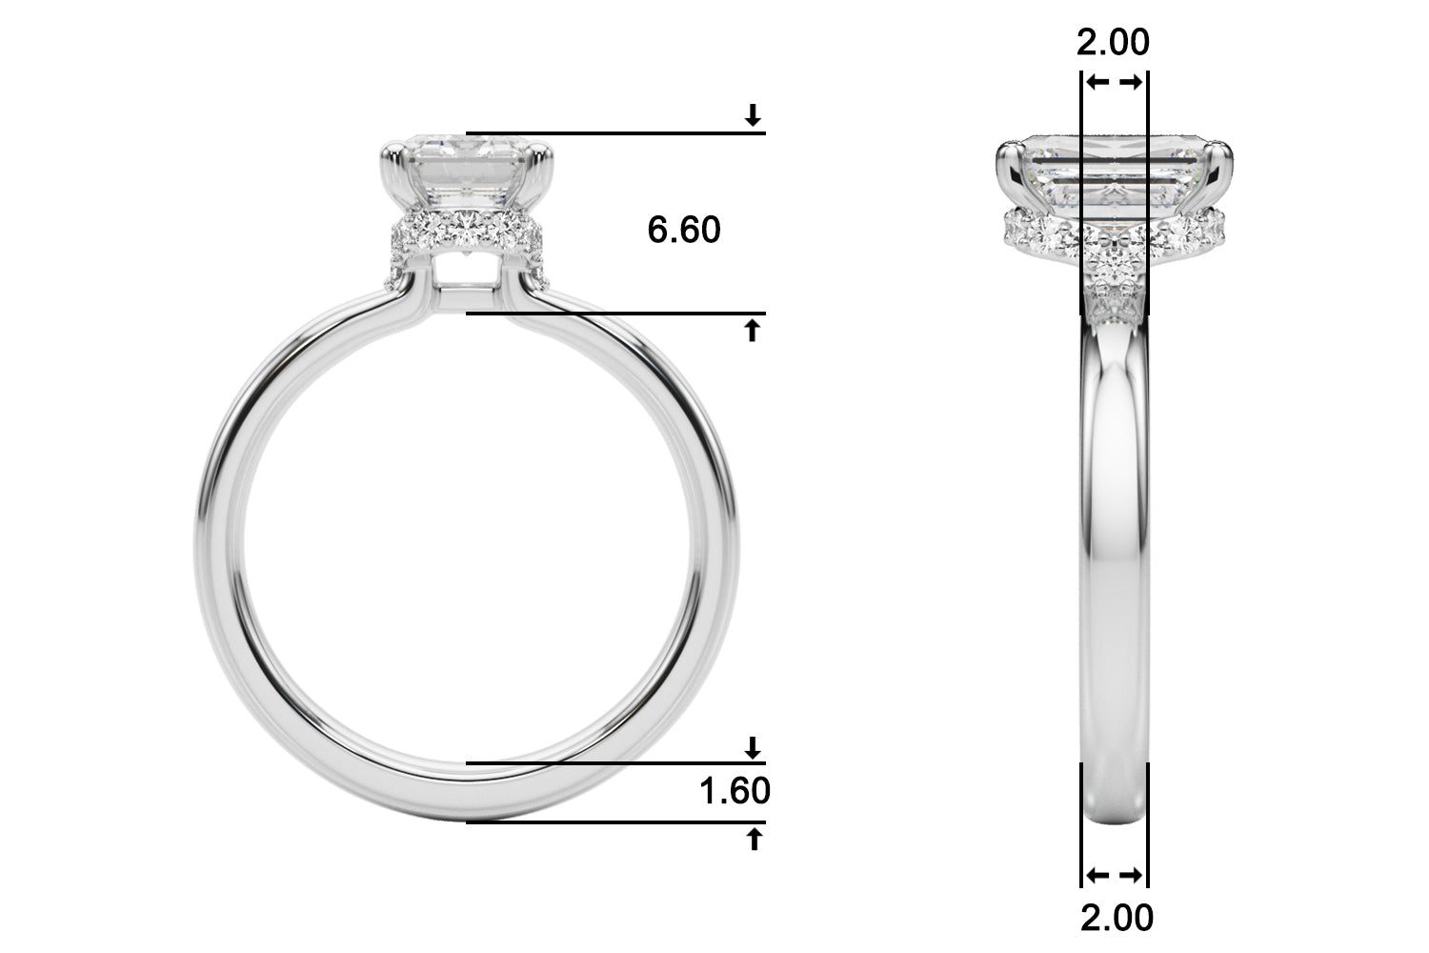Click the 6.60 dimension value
point(684,230)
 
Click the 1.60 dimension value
point(735,791)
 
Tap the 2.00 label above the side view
point(1114,42)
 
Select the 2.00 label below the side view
point(1117,918)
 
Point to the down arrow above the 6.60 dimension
point(753,115)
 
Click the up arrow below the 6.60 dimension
point(753,331)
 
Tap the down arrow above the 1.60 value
point(753,747)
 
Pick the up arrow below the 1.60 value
point(755,839)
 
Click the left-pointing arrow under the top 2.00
point(1097,82)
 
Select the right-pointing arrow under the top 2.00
point(1131,82)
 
